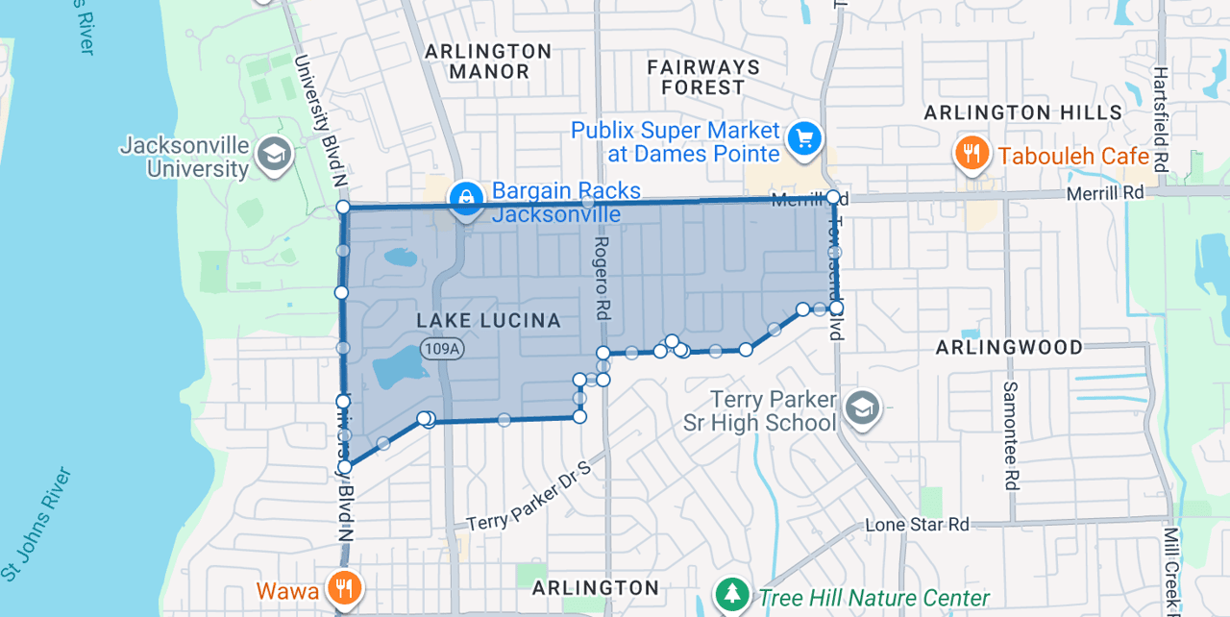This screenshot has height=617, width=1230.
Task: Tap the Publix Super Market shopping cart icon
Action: point(804,139)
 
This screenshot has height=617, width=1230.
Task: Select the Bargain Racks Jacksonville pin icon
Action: point(466,198)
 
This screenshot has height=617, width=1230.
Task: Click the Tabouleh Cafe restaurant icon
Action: point(972,154)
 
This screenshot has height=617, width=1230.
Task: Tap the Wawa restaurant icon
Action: point(343,588)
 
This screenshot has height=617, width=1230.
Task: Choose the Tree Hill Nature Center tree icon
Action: point(733,594)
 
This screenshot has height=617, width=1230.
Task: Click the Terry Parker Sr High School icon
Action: point(862,410)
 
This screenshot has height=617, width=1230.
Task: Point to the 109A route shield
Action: point(442,349)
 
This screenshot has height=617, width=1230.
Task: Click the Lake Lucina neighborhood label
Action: point(488,320)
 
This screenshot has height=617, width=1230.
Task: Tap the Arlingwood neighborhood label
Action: point(1009,347)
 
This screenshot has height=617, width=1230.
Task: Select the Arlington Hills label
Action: point(1022,112)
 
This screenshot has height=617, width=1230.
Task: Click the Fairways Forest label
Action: point(703,77)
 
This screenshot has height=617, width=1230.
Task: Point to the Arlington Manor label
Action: point(488,62)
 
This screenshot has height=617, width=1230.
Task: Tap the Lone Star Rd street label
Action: point(917,525)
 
